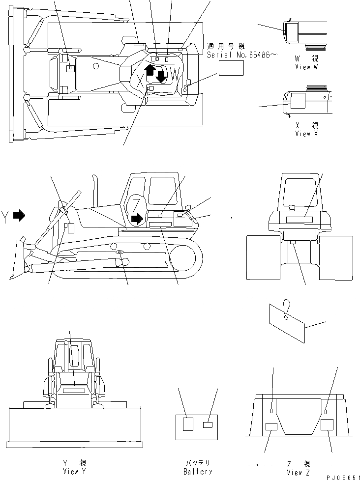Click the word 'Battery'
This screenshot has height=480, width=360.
[197, 471]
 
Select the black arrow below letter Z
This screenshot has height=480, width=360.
[138, 217]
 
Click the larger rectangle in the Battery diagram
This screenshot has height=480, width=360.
[187, 424]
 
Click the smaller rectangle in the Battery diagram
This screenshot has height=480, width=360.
[208, 424]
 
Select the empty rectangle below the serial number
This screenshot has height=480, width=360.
[231, 69]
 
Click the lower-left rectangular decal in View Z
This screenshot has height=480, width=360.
[271, 427]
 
